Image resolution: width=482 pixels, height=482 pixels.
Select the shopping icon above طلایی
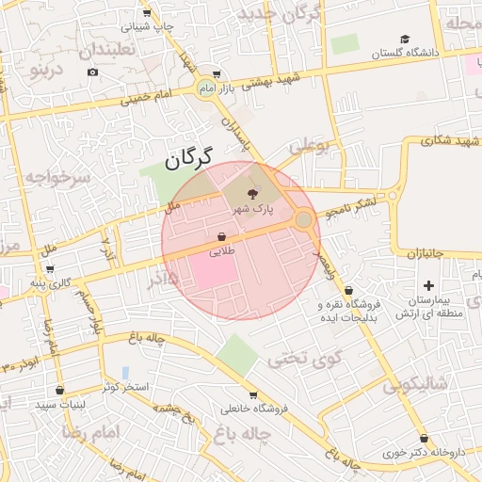pyautogui.click(x=221, y=237)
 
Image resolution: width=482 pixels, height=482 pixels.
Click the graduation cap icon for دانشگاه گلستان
pyautogui.click(x=405, y=40)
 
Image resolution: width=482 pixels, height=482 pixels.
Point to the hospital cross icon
pyautogui.click(x=429, y=284)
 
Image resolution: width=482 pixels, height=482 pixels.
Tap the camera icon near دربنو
pyautogui.click(x=92, y=72)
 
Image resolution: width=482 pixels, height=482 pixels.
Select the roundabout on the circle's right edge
pyautogui.click(x=303, y=220)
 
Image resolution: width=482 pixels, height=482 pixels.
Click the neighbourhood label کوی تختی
pyautogui.click(x=305, y=358)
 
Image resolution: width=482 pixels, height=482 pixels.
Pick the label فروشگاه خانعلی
pyautogui.click(x=251, y=409)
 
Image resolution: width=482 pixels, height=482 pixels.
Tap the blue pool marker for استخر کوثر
pyautogui.click(x=125, y=374)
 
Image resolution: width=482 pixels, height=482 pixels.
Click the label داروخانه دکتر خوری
pyautogui.click(x=424, y=452)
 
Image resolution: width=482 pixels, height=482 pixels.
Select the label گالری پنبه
pyautogui.click(x=49, y=282)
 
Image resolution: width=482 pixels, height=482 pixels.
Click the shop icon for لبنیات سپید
pyautogui.click(x=60, y=390)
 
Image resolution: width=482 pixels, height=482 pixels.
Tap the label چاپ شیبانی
pyautogui.click(x=151, y=27)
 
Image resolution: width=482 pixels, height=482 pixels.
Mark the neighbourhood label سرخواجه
pyautogui.click(x=58, y=176)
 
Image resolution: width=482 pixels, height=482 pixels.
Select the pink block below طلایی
pyautogui.click(x=214, y=273)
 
